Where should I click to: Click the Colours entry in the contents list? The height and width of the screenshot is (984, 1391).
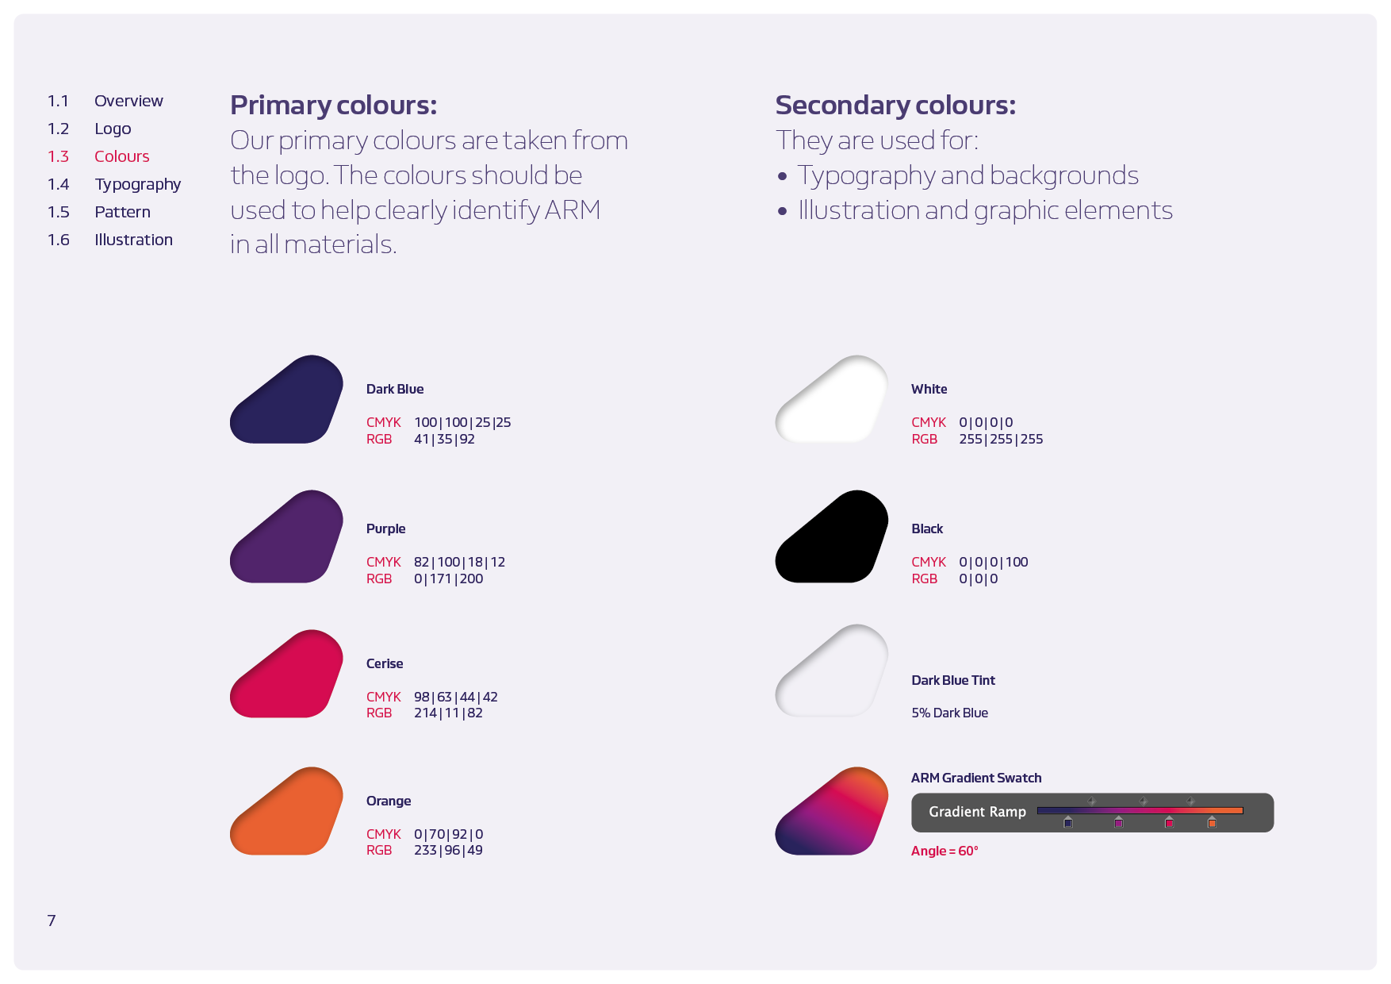point(121,156)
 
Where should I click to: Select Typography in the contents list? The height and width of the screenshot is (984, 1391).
point(137,184)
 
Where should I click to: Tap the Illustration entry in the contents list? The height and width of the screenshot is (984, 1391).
point(133,240)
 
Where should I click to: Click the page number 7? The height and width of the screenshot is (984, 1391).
point(52,921)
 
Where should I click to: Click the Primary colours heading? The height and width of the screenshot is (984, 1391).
point(333,105)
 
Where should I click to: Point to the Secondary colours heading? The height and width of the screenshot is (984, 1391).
point(895,105)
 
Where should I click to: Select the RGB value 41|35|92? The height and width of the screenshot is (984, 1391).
point(444,439)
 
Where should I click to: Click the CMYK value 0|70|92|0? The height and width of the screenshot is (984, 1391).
point(448,834)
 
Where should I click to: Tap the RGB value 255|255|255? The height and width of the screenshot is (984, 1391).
point(1001,439)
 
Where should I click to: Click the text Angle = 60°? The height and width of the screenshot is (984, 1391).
point(945,851)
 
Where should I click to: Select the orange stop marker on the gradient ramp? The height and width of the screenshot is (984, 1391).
point(1212,823)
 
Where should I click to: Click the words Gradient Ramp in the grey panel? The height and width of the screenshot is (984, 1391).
point(977,812)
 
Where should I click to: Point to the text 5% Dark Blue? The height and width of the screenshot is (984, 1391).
point(949,713)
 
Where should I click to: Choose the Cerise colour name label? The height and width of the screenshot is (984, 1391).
point(385,663)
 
